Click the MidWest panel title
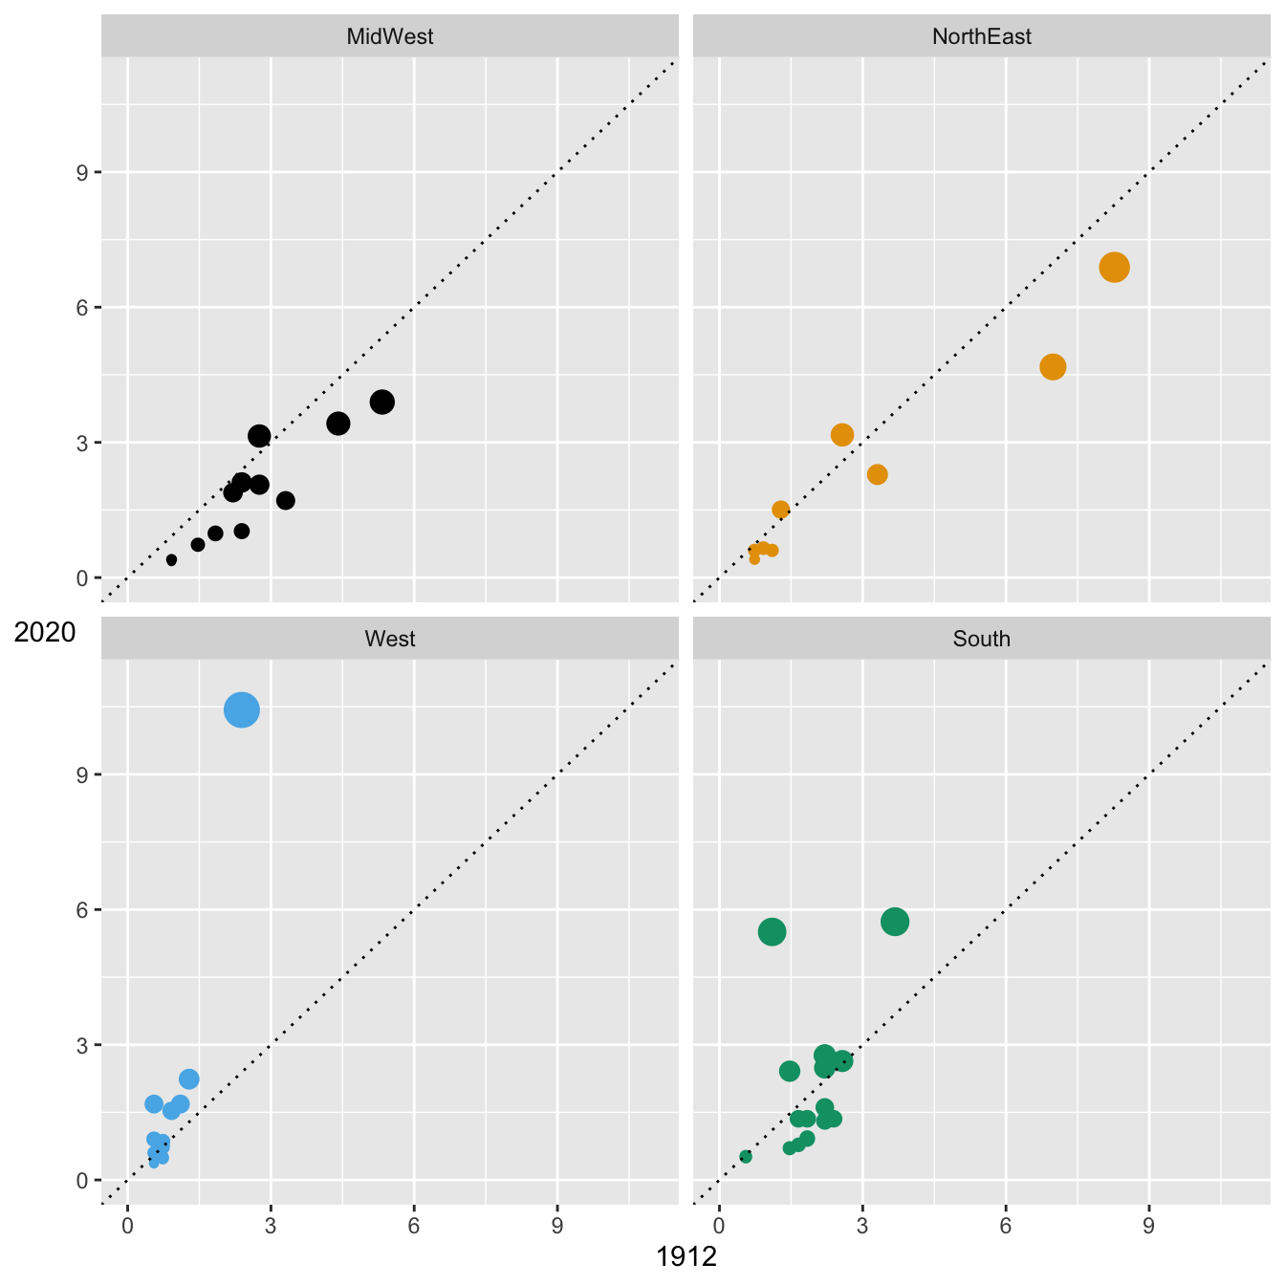[389, 37]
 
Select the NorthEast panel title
[981, 37]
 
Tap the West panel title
[389, 639]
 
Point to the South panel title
[981, 639]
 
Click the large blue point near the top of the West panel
[242, 709]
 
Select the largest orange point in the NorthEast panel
[1114, 268]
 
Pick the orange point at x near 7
[1053, 366]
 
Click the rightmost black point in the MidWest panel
[382, 402]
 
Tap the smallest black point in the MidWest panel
[171, 560]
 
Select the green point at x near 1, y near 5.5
[772, 931]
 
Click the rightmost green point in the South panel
[895, 922]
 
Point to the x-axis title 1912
[686, 1256]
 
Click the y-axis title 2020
[45, 632]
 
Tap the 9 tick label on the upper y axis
[82, 173]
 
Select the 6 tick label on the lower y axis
[82, 910]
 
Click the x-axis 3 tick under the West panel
[271, 1226]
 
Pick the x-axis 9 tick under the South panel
[1149, 1226]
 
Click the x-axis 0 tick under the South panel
[719, 1226]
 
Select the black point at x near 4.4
[338, 424]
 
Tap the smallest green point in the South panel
[746, 1157]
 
